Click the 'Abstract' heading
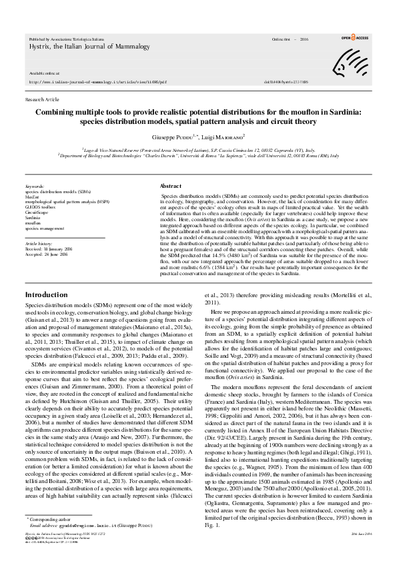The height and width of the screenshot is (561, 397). (x=171, y=186)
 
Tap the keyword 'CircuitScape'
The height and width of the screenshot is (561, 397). (x=37, y=212)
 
